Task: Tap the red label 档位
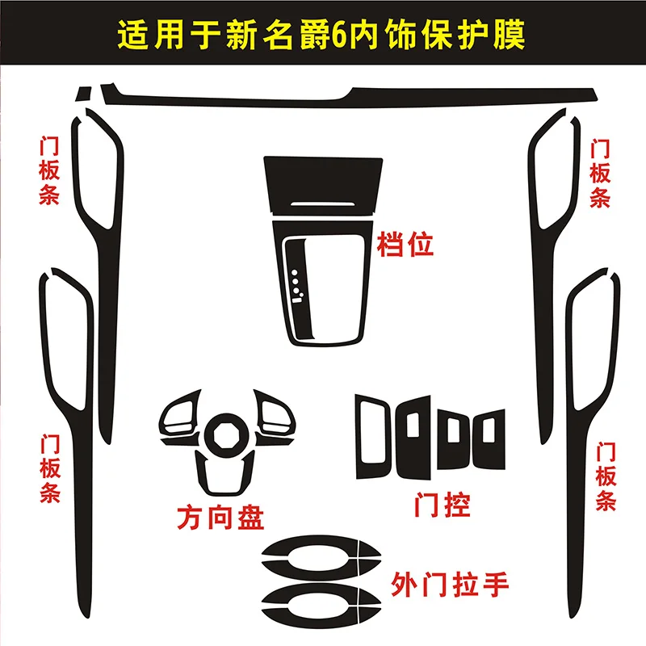[405, 244]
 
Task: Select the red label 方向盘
[220, 517]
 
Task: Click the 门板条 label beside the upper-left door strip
[49, 170]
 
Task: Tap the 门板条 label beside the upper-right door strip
[599, 174]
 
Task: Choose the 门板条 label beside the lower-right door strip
[606, 476]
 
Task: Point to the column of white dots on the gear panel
[299, 283]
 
